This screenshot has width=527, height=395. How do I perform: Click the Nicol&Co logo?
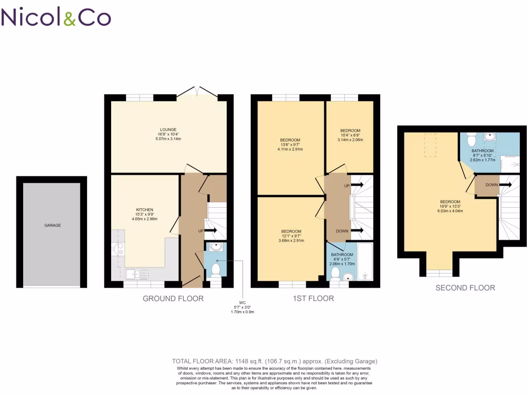coord(56,17)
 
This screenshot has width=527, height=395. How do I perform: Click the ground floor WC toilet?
coord(215,270)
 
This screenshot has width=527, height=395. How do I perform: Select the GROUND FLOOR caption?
coord(173,298)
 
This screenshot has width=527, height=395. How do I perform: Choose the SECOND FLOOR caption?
coord(465,288)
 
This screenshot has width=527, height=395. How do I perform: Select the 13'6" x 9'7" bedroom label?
coord(291,145)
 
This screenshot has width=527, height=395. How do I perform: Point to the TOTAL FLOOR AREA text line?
coord(274,362)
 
